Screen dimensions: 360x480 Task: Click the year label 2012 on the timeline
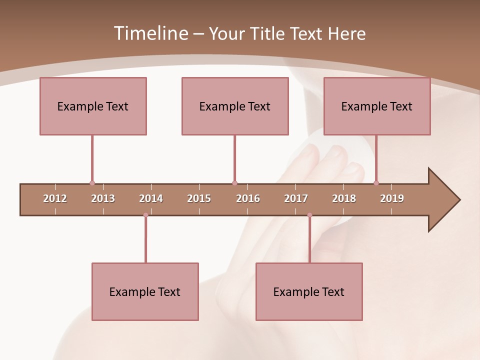tap(55, 198)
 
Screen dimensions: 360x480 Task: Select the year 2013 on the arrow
tap(103, 198)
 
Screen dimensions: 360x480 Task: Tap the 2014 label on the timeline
tap(151, 198)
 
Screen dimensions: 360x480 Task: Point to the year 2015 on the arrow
tap(199, 198)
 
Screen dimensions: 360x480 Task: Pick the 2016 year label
tap(248, 198)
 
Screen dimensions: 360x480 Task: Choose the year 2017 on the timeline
tap(296, 198)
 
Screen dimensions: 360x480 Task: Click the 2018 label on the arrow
tap(344, 198)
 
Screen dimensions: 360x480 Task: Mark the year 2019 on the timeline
tap(392, 198)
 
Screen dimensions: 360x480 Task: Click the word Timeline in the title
tap(150, 33)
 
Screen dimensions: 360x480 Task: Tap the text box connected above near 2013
tap(93, 106)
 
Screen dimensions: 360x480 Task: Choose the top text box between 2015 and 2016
tap(235, 106)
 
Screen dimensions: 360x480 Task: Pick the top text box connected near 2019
tap(377, 106)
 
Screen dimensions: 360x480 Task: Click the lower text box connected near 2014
tap(145, 291)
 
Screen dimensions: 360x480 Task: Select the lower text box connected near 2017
tap(309, 291)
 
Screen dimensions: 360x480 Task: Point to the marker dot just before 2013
tap(92, 183)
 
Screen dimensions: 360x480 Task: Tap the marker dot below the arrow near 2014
tap(145, 215)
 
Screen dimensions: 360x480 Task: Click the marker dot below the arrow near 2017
tap(309, 215)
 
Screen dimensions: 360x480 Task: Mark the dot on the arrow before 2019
tap(376, 183)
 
